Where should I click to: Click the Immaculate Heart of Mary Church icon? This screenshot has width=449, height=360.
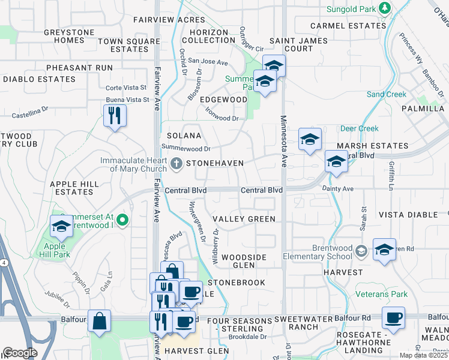[176, 163]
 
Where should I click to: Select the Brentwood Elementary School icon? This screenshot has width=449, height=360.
[361, 250]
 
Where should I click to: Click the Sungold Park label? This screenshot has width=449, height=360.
[351, 10]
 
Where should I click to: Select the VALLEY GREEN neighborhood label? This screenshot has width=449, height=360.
[244, 219]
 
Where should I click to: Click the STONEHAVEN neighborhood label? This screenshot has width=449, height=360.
[214, 163]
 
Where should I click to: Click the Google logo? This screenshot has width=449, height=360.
[20, 353]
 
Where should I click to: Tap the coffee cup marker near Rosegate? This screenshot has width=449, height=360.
[393, 318]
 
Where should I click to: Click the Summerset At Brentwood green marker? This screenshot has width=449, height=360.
[122, 220]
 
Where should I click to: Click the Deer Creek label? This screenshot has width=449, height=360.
[360, 128]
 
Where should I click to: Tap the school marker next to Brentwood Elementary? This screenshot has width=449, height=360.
[384, 250]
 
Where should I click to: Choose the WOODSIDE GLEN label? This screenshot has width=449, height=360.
[244, 262]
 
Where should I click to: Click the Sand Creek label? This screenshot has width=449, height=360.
[387, 94]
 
